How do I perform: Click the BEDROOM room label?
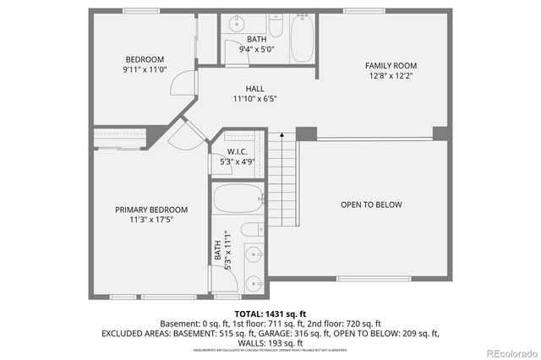pyautogui.click(x=145, y=59)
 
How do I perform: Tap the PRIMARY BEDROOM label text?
pyautogui.click(x=151, y=210)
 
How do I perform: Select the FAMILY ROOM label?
pyautogui.click(x=391, y=66)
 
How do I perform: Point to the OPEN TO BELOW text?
pyautogui.click(x=371, y=205)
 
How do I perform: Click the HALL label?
pyautogui.click(x=254, y=88)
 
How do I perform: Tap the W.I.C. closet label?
pyautogui.click(x=237, y=152)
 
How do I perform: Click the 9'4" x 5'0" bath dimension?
pyautogui.click(x=256, y=50)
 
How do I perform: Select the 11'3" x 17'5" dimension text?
pyautogui.click(x=151, y=221)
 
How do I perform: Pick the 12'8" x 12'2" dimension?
pyautogui.click(x=391, y=77)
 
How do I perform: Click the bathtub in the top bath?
pyautogui.click(x=302, y=37)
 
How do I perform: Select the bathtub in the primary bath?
pyautogui.click(x=239, y=199)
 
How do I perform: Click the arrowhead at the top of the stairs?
pyautogui.click(x=281, y=134)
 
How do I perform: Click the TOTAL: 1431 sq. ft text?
pyautogui.click(x=270, y=313)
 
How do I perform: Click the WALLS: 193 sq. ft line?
pyautogui.click(x=270, y=343)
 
